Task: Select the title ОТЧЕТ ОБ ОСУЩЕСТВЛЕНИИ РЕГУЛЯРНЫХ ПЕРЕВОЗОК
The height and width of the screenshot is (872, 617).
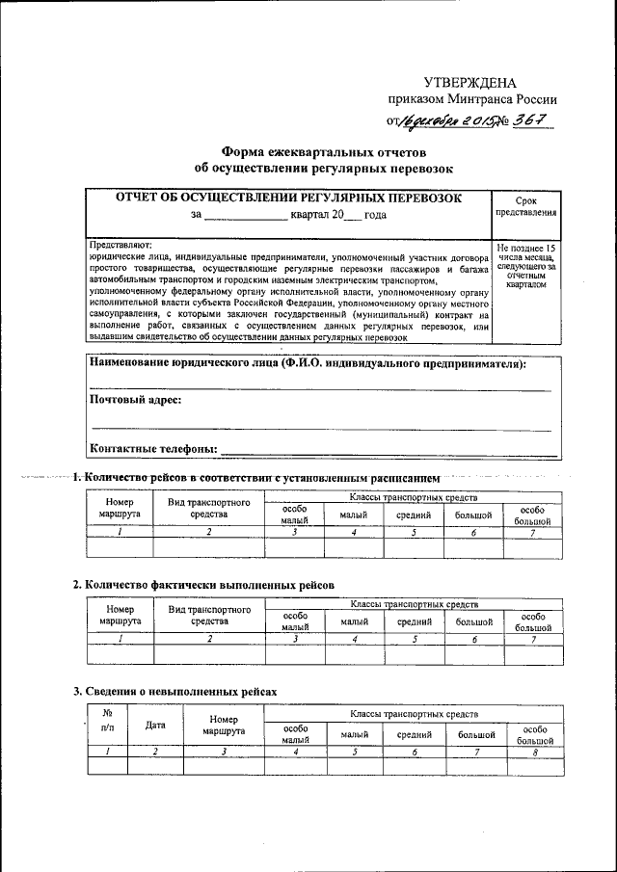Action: [x=288, y=198]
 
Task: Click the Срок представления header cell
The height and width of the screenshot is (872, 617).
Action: [x=525, y=205]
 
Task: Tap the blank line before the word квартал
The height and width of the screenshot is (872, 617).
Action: [x=246, y=216]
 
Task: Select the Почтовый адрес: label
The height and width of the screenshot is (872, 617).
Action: [x=136, y=399]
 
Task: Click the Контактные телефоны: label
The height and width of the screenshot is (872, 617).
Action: [x=153, y=448]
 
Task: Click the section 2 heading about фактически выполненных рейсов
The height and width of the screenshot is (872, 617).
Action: [x=204, y=585]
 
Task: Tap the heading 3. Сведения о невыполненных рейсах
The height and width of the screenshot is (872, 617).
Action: [x=175, y=691]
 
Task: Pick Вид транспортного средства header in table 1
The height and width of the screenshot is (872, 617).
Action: [x=209, y=509]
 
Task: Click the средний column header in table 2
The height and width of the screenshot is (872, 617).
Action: [x=415, y=622]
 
